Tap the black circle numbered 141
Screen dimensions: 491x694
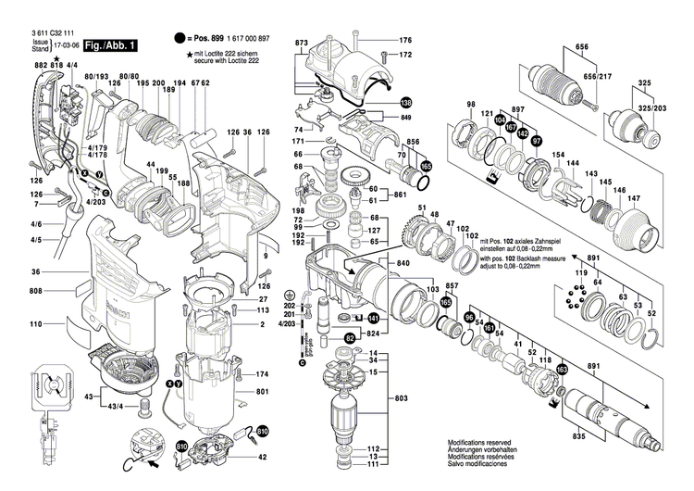388,318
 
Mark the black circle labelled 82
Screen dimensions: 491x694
351,339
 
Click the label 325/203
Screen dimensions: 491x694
639,109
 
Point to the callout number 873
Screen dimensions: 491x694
302,44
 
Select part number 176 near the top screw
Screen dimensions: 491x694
404,40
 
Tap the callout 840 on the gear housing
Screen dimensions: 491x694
404,264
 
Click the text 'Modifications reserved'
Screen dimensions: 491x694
481,444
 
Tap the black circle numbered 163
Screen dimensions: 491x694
561,371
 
